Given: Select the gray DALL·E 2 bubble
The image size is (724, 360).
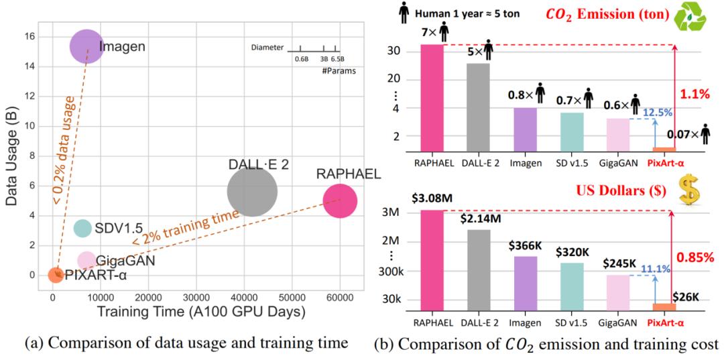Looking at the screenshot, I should click(252, 192).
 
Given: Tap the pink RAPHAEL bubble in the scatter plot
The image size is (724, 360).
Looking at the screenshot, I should click(340, 200).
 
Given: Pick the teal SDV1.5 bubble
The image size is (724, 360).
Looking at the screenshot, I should click(82, 228).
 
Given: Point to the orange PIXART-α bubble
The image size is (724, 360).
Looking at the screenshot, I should click(56, 274).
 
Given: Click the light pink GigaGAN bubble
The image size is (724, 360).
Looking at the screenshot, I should click(86, 260).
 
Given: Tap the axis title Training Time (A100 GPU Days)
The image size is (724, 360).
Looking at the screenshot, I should click(199, 312).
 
